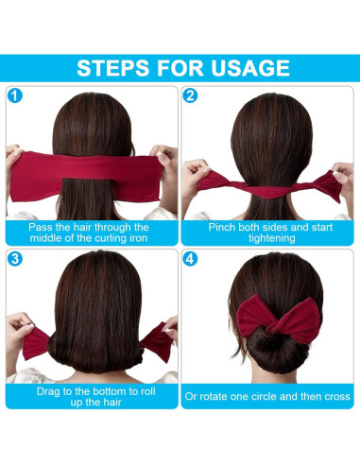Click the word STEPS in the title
[118, 67]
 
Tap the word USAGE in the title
[244, 67]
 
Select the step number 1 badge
[15, 95]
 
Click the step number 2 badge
[191, 95]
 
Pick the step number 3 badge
[15, 258]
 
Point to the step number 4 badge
[191, 258]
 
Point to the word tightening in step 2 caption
[269, 239]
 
